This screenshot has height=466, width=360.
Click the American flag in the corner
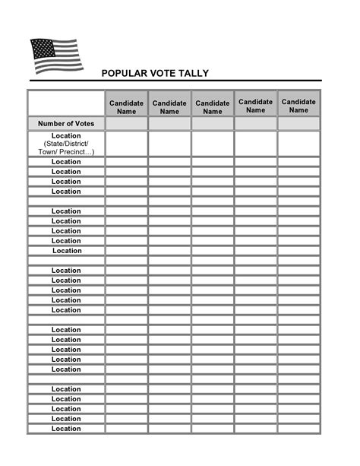click(x=55, y=55)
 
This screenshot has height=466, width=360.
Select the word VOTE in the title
click(x=166, y=74)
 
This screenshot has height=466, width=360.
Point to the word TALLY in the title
click(x=195, y=74)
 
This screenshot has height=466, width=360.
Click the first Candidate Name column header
click(x=126, y=106)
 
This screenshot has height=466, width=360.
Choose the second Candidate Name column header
click(x=169, y=106)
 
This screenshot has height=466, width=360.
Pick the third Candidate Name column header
click(x=213, y=106)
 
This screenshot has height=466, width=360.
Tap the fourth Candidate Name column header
click(x=256, y=106)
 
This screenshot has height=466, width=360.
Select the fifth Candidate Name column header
click(x=299, y=106)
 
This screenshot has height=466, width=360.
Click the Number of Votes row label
click(x=66, y=123)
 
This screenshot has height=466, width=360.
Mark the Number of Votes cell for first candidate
click(x=126, y=123)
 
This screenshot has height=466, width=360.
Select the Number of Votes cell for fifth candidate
click(x=299, y=123)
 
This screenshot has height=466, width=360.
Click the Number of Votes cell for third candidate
click(x=213, y=123)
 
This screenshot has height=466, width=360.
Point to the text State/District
click(x=66, y=144)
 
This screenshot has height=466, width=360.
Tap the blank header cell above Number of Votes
click(x=66, y=103)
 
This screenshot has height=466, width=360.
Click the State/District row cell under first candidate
click(x=126, y=144)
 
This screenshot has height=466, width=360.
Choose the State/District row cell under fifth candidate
click(x=299, y=144)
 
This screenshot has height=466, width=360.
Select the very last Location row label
click(x=66, y=429)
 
